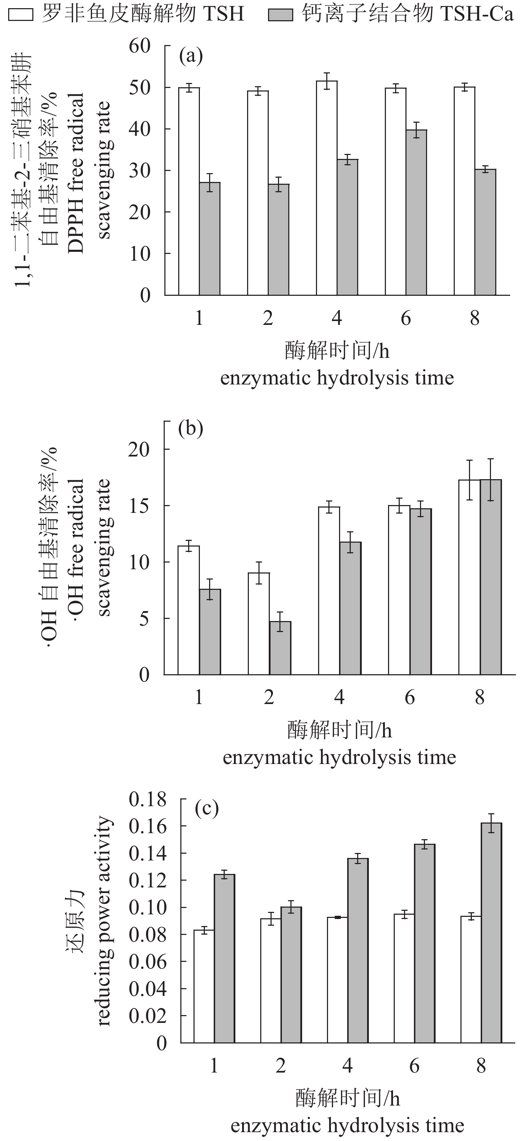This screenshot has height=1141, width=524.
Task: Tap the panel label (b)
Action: click(x=191, y=428)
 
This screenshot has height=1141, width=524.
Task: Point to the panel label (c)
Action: click(x=207, y=808)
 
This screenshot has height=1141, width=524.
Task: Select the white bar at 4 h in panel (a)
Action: click(x=327, y=188)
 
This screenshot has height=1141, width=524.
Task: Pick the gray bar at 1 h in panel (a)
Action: click(x=210, y=239)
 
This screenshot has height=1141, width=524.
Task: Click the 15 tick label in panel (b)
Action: click(x=139, y=506)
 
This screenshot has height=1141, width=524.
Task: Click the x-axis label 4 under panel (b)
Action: click(x=339, y=698)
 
